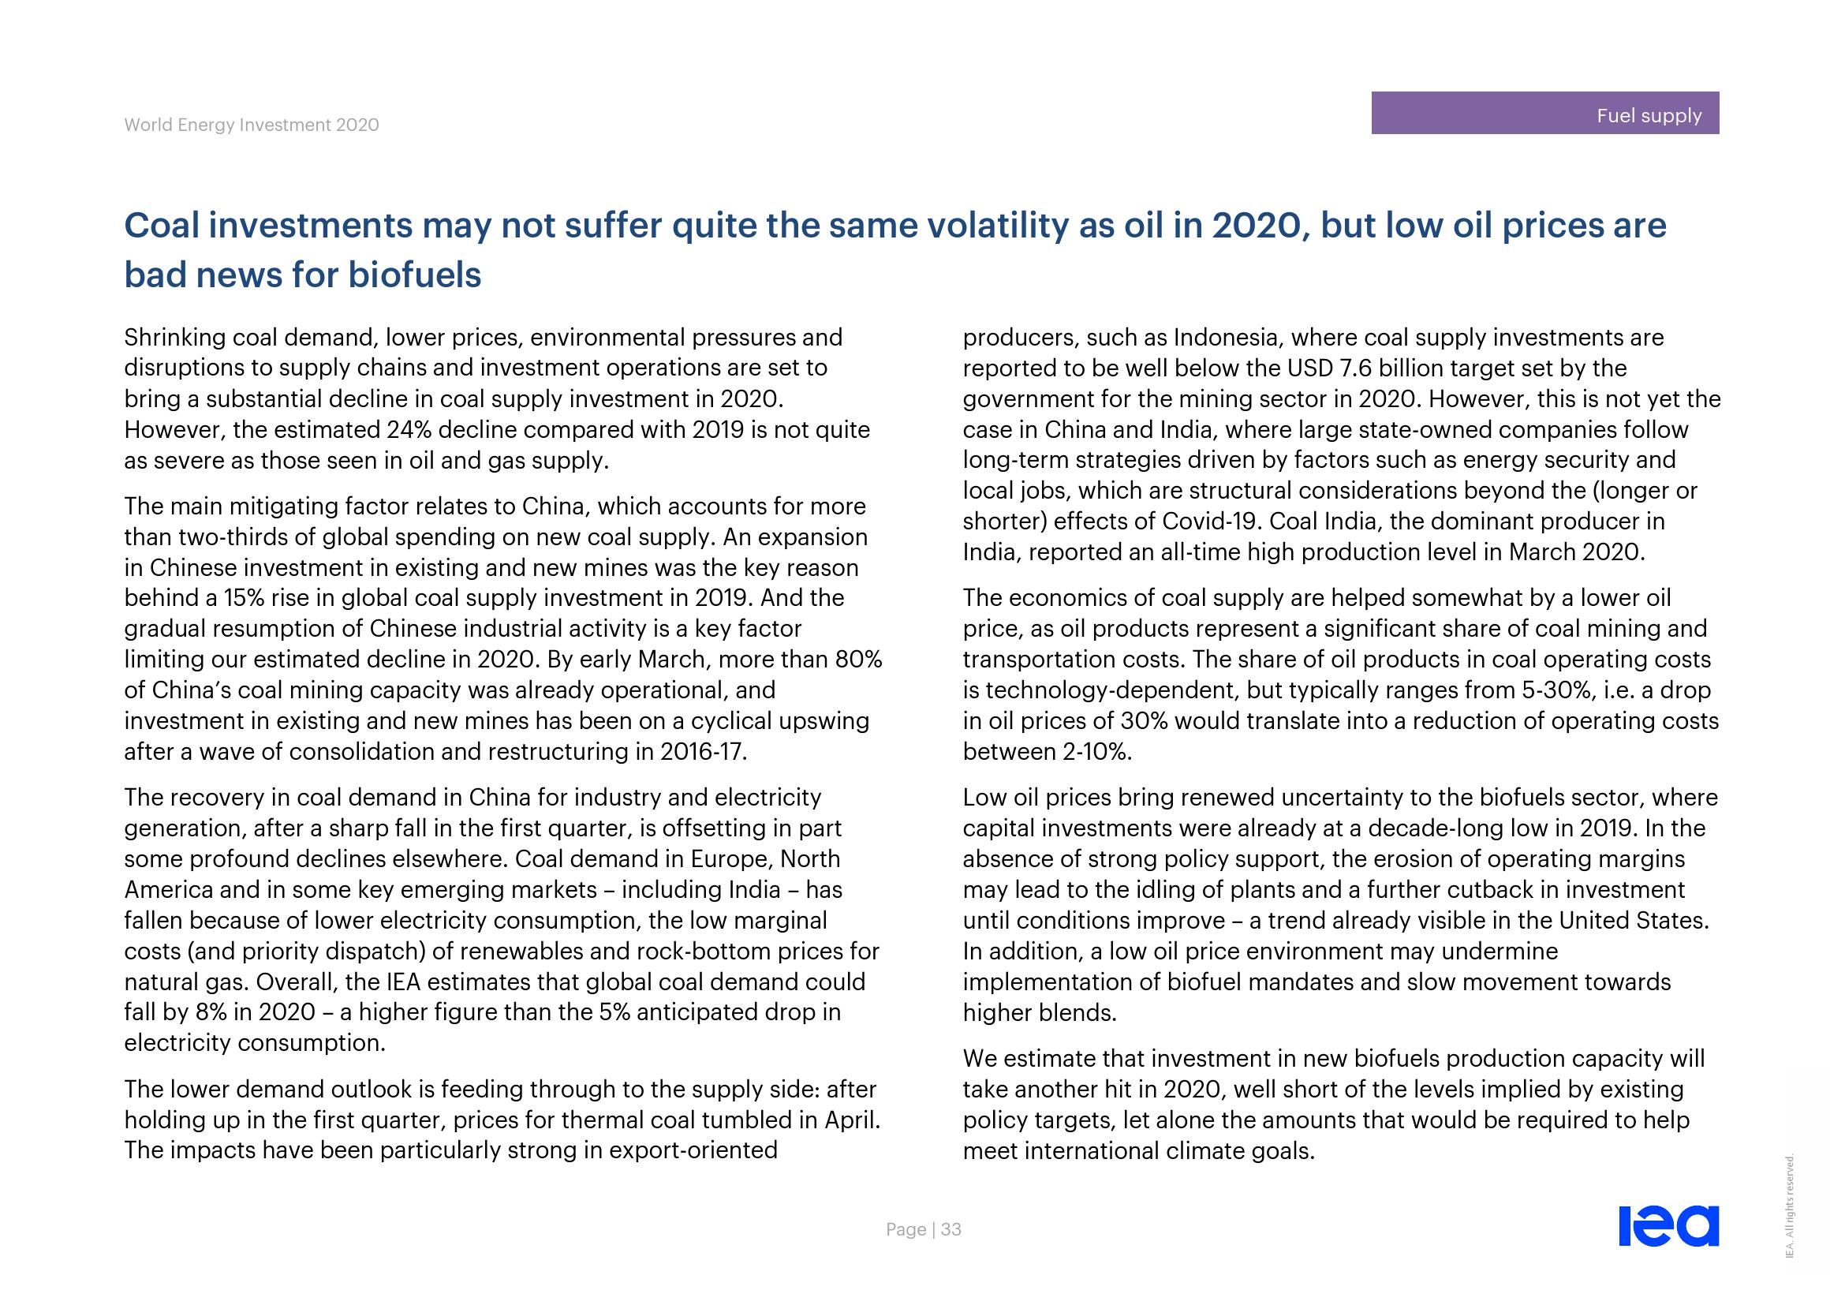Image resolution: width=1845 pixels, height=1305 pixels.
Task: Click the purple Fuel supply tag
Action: coord(1544,114)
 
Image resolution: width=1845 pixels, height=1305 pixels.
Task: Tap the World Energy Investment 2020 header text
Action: coord(252,125)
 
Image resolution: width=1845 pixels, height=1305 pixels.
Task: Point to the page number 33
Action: coord(951,1229)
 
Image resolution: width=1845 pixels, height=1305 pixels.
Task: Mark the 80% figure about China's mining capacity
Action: coord(858,660)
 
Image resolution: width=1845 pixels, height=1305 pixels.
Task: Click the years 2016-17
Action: coord(702,752)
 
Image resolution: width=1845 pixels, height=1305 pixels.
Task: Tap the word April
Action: coord(851,1120)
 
